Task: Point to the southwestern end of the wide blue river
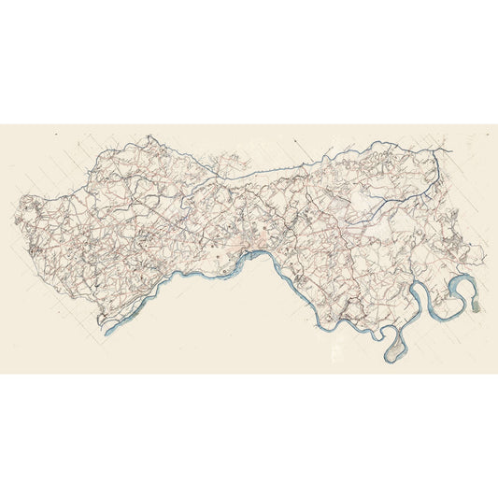[x=107, y=330]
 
